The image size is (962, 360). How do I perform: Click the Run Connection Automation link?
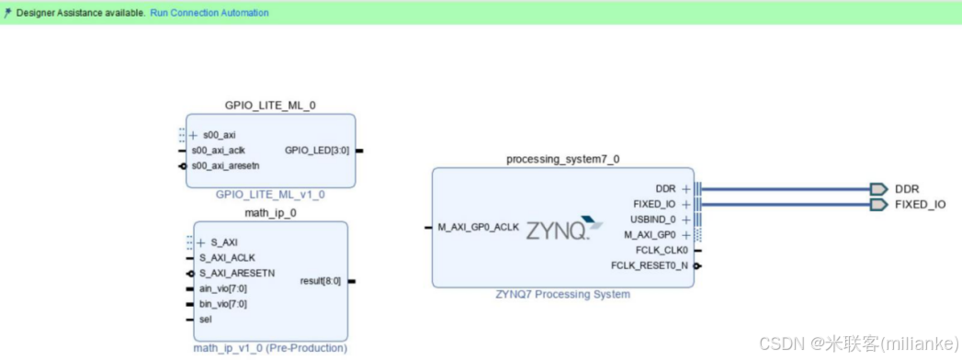[x=209, y=13]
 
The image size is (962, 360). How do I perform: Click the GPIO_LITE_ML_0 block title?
[x=270, y=106]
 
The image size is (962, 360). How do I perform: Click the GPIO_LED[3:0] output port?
[x=317, y=151]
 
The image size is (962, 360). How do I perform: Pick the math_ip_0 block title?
[x=270, y=213]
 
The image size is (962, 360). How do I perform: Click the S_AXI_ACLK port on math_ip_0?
[x=227, y=258]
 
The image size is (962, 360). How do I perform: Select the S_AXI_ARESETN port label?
[x=236, y=274]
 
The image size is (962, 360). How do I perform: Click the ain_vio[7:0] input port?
[x=222, y=288]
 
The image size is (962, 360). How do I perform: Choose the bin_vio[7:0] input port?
[x=222, y=304]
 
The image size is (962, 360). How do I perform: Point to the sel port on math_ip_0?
[x=206, y=320]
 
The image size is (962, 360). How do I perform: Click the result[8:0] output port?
[x=320, y=281]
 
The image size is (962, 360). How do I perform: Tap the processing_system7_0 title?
[x=562, y=159]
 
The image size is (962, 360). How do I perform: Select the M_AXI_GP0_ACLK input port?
[x=479, y=227]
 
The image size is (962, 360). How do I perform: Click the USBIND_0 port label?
[x=653, y=219]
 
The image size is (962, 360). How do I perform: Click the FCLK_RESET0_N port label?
[x=651, y=266]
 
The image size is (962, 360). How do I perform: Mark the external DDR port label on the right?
[x=906, y=189]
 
